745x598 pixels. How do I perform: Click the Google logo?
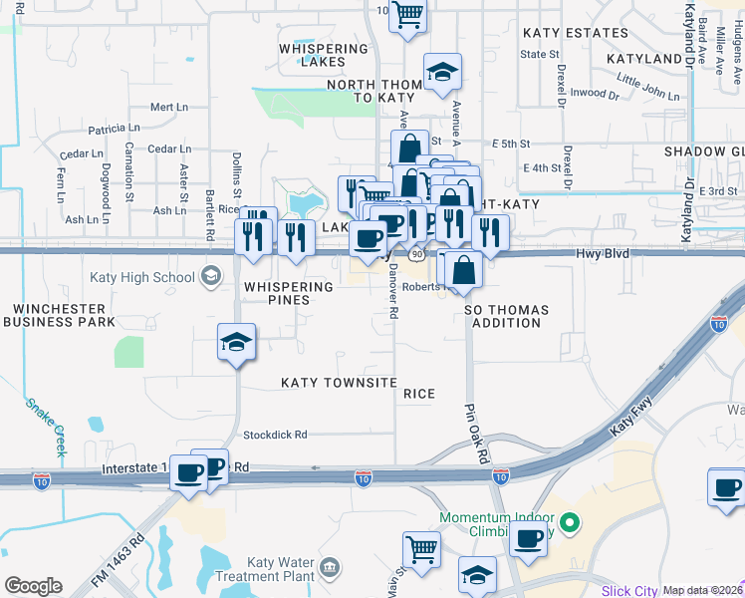33,586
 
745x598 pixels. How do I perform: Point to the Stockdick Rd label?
276,435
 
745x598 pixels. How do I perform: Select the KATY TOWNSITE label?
339,383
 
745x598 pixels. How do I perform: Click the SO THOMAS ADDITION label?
506,317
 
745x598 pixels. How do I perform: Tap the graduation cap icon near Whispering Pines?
237,342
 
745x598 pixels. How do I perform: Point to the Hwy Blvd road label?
603,254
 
